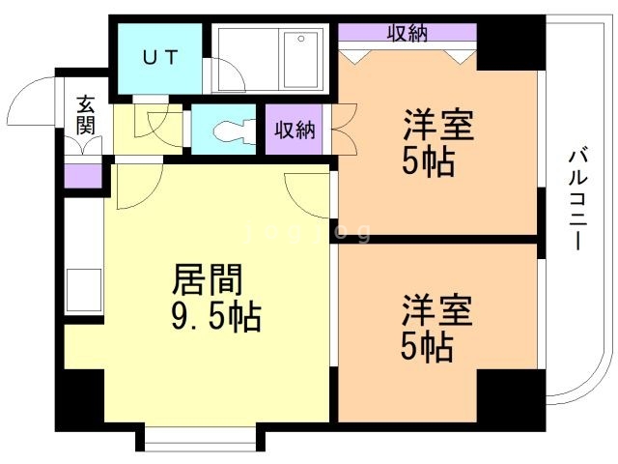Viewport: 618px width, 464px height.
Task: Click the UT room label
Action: tap(160, 57)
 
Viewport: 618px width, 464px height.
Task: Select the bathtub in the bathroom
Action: tap(295, 57)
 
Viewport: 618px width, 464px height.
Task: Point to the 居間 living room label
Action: tap(207, 280)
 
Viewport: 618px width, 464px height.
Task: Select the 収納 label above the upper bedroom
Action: tap(407, 33)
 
